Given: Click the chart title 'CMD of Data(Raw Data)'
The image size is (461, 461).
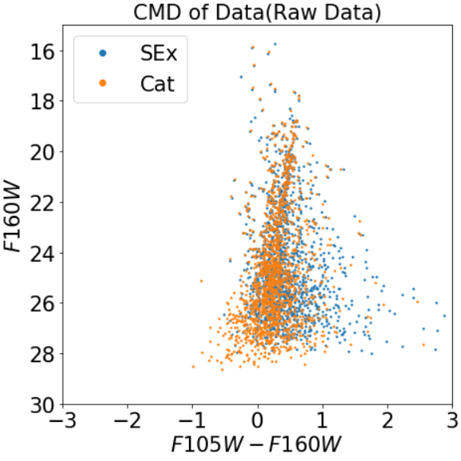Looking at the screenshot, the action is pyautogui.click(x=258, y=12).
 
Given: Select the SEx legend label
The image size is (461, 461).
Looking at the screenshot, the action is pyautogui.click(x=159, y=53).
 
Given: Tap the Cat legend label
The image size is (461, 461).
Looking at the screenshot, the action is pyautogui.click(x=158, y=84).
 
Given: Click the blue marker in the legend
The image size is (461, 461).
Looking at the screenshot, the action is pyautogui.click(x=103, y=53).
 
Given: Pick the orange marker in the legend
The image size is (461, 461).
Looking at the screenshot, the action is pyautogui.click(x=103, y=83).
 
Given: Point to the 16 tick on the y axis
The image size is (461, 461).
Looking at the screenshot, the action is pyautogui.click(x=42, y=52).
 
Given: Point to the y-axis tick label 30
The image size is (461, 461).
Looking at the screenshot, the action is pyautogui.click(x=42, y=406).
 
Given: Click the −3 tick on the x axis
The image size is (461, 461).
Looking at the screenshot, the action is pyautogui.click(x=63, y=420).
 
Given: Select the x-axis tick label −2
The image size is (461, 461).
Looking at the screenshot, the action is pyautogui.click(x=128, y=420).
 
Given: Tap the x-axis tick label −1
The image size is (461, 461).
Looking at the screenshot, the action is pyautogui.click(x=192, y=420).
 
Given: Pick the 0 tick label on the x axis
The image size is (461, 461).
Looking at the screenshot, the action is pyautogui.click(x=258, y=420).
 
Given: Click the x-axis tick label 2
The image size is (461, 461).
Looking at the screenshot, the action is pyautogui.click(x=388, y=420).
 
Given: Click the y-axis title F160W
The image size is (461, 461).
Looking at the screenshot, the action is pyautogui.click(x=12, y=218).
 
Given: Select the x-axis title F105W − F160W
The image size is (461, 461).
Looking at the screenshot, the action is pyautogui.click(x=256, y=444).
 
